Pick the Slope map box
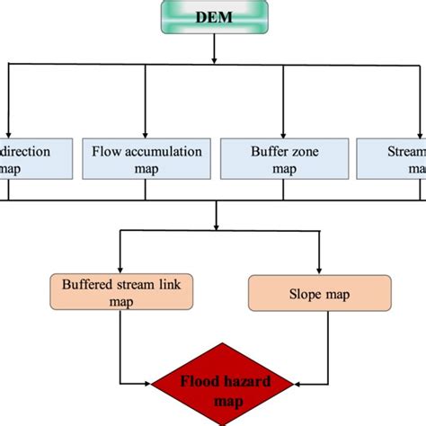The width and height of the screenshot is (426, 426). (319, 294)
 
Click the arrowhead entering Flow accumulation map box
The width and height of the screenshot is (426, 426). (145, 133)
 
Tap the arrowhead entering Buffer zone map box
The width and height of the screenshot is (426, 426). (283, 133)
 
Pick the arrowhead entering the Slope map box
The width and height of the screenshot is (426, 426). (319, 270)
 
